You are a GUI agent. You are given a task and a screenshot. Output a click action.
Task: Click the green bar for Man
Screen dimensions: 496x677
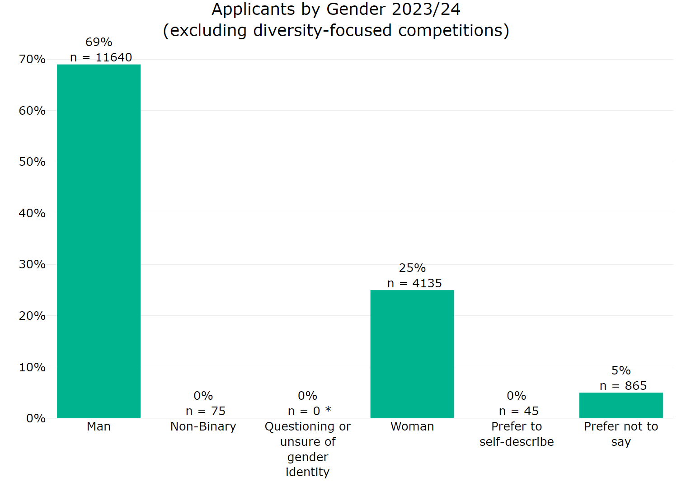[99, 241]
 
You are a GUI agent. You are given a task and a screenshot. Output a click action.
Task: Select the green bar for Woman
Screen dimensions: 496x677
[412, 354]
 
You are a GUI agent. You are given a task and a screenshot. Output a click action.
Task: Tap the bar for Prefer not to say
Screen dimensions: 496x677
[621, 405]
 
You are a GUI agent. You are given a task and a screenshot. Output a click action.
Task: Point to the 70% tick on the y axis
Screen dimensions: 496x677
[32, 59]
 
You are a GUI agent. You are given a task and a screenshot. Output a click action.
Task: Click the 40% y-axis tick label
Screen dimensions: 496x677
[32, 213]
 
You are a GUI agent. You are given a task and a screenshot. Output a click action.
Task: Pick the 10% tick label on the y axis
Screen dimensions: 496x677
[32, 367]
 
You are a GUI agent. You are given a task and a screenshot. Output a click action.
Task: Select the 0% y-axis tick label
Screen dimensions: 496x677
[35, 418]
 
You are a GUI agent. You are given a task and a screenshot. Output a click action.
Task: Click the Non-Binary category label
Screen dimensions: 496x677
[203, 426]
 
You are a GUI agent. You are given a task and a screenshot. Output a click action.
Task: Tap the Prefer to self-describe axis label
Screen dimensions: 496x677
[516, 434]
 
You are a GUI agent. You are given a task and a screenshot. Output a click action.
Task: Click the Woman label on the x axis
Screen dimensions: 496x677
[412, 426]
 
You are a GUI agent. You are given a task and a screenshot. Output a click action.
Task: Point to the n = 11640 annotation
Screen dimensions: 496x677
[101, 57]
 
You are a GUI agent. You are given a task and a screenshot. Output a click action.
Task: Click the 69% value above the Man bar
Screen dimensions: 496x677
[99, 42]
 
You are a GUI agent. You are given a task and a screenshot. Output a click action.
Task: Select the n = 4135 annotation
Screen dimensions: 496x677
[414, 283]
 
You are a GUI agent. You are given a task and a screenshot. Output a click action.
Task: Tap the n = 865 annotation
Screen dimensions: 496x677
[623, 386]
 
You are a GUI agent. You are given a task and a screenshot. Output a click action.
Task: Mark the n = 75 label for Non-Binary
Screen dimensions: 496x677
[205, 411]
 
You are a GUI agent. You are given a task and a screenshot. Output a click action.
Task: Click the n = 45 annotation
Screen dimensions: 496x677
[518, 411]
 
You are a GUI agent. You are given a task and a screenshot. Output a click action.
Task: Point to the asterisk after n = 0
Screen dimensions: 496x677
[328, 410]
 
